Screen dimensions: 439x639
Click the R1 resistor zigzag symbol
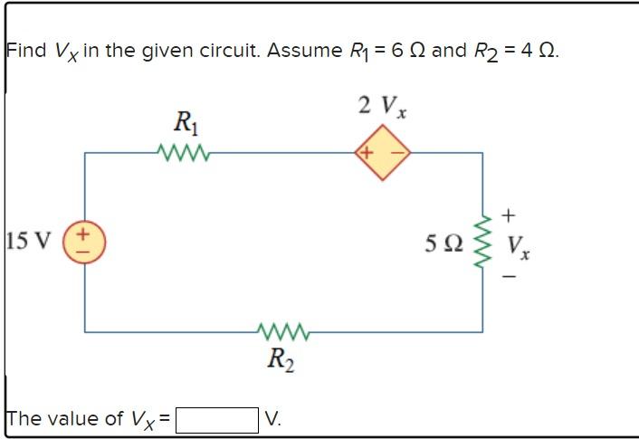(185, 152)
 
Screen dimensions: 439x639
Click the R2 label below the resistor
(280, 360)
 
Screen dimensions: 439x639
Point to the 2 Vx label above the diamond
(381, 106)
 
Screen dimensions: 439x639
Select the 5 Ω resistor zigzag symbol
(482, 243)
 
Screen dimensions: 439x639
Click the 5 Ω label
(444, 243)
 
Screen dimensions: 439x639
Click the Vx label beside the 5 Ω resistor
(519, 245)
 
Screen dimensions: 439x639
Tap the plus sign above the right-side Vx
(509, 215)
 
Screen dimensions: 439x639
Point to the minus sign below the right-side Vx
(509, 276)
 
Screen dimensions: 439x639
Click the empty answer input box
(217, 419)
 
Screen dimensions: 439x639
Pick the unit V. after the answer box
(273, 419)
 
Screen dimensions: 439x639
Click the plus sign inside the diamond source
(367, 152)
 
